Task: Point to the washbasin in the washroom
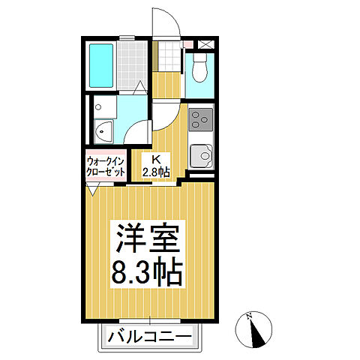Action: pyautogui.click(x=103, y=132)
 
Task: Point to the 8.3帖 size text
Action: pyautogui.click(x=148, y=272)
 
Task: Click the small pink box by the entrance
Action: pyautogui.click(x=187, y=45)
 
